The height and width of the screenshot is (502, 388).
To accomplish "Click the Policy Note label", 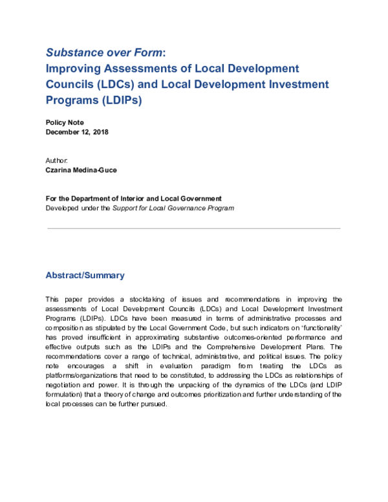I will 65,122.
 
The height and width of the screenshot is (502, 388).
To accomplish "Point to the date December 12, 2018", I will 77,132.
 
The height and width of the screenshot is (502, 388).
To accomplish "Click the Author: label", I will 56,160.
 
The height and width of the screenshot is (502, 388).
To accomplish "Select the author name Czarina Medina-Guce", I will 82,170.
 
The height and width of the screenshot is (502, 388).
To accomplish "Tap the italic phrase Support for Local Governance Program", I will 173,208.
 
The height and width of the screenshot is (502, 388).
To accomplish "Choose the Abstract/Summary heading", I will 85,276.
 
